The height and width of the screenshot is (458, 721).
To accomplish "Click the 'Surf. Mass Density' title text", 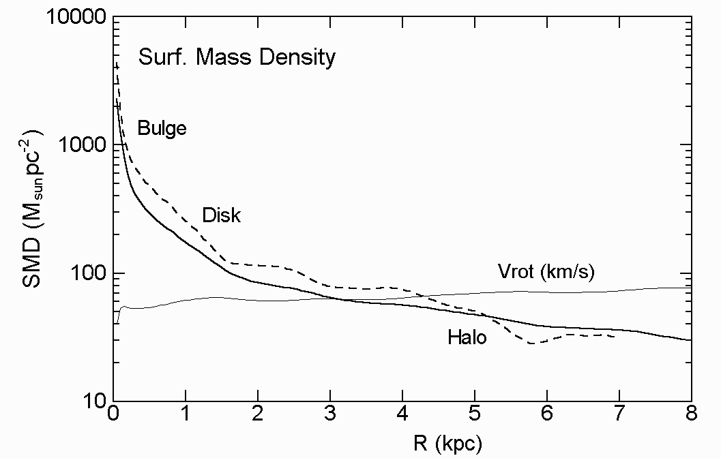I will [237, 57].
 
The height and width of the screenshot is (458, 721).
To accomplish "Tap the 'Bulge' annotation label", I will [162, 128].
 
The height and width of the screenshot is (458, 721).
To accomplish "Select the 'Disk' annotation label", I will [222, 215].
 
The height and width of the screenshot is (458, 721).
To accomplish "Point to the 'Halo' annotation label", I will [467, 337].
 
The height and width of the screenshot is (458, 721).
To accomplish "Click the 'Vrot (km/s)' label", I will [546, 273].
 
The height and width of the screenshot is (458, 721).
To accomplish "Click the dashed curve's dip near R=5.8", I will [532, 343].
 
